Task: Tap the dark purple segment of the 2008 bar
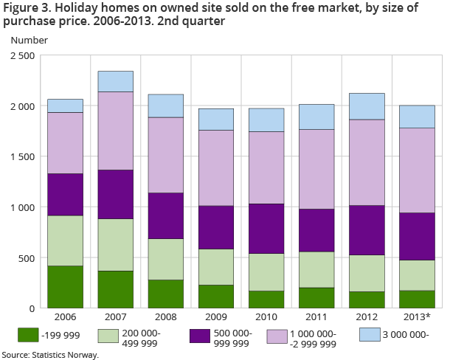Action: pyautogui.click(x=166, y=215)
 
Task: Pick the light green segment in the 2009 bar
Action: pyautogui.click(x=215, y=267)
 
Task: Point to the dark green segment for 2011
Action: pyautogui.click(x=316, y=297)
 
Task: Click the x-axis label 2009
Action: pyautogui.click(x=215, y=318)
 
